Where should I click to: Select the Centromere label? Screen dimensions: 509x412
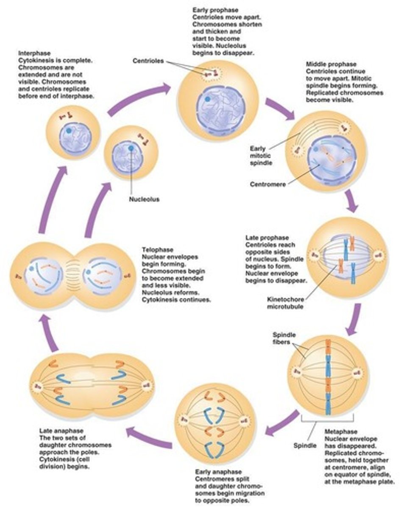(x=267, y=184)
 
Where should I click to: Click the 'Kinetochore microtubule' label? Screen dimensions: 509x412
(x=285, y=303)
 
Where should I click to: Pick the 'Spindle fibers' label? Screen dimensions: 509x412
(x=284, y=338)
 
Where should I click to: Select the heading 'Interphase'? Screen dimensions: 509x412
(x=34, y=53)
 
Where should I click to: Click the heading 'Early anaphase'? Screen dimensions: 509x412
(x=218, y=472)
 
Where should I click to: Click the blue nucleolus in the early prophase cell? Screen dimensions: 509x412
(x=207, y=99)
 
